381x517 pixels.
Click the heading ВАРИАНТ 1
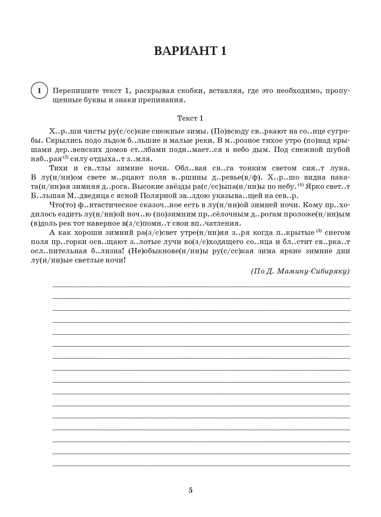(x=190, y=51)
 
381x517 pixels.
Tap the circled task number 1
(x=39, y=91)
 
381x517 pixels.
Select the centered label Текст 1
(x=190, y=118)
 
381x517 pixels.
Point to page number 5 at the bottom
(x=190, y=490)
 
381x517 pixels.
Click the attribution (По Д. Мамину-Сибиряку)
(x=300, y=271)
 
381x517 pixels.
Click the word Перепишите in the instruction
(x=72, y=91)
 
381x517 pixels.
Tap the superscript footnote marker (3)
(x=319, y=231)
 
